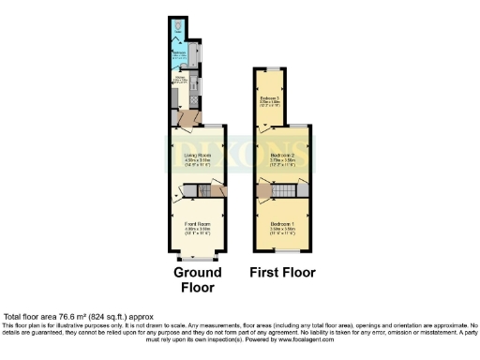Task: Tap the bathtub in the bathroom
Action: coord(192,54)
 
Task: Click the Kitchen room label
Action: coord(182,81)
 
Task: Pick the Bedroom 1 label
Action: coord(282,225)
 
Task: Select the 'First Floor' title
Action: coord(282,273)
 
